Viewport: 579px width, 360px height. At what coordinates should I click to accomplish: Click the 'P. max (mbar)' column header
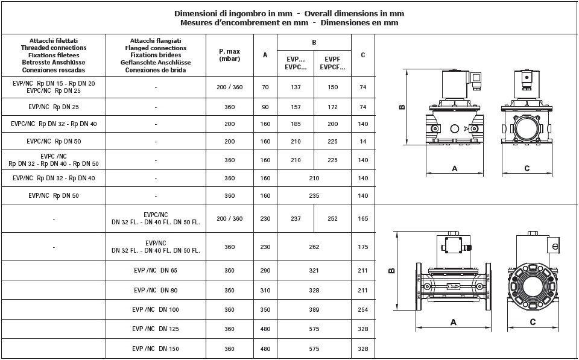(229, 54)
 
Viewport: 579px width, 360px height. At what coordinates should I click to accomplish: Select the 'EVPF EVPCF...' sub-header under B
(332, 63)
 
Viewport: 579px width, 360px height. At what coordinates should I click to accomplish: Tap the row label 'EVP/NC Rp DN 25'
(54, 107)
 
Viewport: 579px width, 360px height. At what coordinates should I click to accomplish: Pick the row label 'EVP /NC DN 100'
(156, 310)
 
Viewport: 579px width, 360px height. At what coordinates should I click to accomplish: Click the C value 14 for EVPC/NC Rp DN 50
(362, 142)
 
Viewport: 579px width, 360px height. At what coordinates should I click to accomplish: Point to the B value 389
(314, 310)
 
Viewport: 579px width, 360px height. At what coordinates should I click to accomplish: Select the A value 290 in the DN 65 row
(265, 271)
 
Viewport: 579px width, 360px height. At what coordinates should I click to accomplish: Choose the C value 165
(362, 219)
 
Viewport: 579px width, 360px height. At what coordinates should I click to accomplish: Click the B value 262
(314, 247)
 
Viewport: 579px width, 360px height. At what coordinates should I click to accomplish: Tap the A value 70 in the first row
(265, 87)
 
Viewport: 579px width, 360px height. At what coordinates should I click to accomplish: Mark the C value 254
(362, 310)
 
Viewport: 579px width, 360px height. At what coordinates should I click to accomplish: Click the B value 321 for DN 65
(314, 271)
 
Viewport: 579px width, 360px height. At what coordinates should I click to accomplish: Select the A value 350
(265, 310)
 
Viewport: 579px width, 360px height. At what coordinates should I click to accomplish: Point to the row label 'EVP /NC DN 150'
(156, 349)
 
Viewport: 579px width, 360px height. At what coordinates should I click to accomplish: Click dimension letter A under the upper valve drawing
(455, 169)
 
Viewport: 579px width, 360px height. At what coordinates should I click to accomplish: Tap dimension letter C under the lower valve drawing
(533, 323)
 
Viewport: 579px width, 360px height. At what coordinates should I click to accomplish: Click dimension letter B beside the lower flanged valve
(391, 270)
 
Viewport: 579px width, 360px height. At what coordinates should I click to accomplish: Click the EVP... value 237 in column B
(296, 219)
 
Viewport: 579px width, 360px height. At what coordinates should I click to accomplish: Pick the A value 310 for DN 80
(265, 291)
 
